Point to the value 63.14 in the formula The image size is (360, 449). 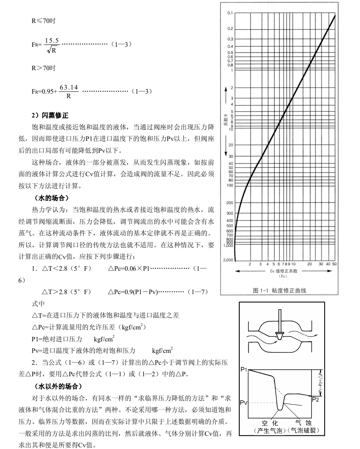coord(69,87)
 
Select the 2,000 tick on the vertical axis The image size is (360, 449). coord(228,260)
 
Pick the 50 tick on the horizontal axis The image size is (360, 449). coord(335,264)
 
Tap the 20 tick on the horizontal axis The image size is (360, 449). coord(310,264)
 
